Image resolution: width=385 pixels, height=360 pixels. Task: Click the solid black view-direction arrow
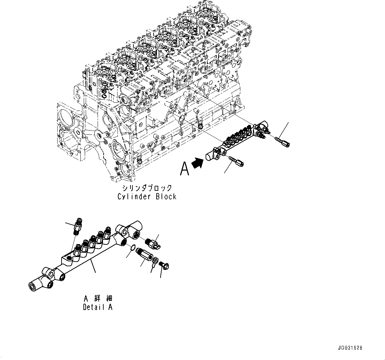tap(198, 163)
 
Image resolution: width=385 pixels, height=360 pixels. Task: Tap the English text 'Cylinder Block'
tap(147, 196)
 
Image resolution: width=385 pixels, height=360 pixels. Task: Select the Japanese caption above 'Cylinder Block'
tap(147, 188)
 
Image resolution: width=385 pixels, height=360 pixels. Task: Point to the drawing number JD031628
tap(350, 348)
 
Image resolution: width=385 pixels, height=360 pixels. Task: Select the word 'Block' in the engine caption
tap(166, 196)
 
